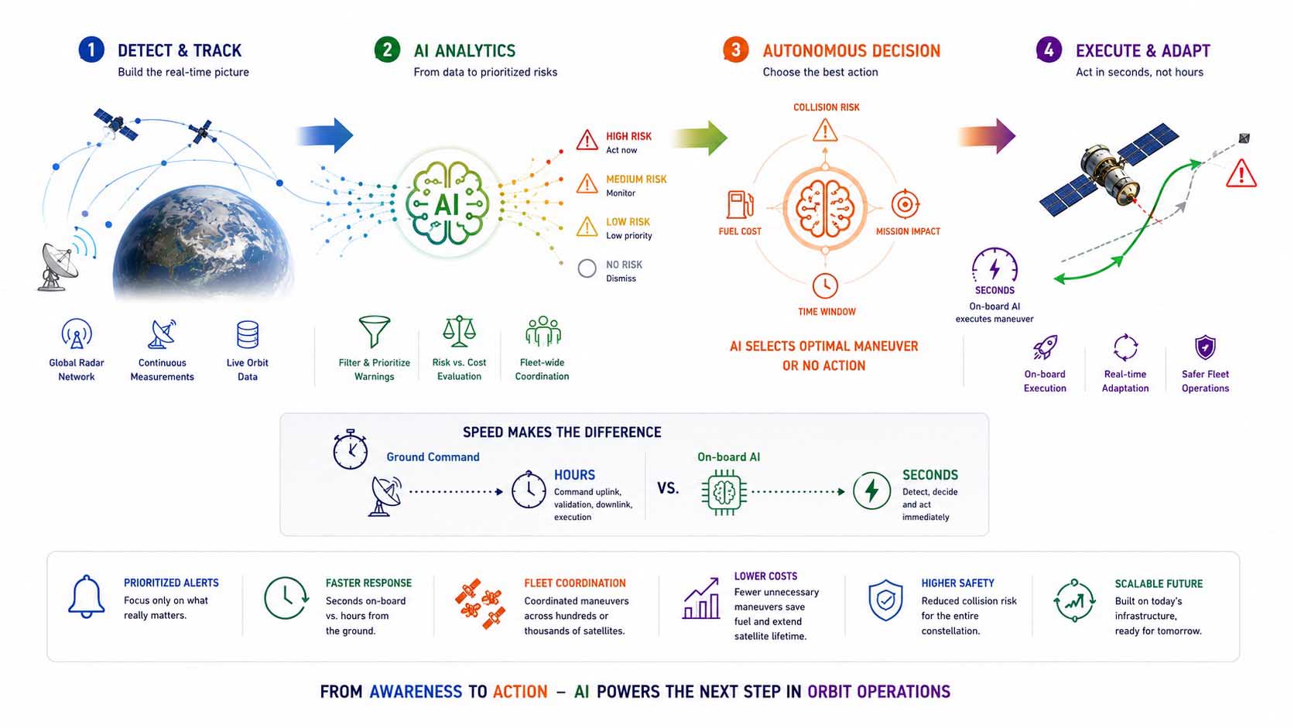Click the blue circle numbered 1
point(91,50)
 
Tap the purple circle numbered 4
point(1049,50)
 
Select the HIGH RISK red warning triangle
point(587,140)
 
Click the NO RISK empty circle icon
point(587,268)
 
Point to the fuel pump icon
point(739,204)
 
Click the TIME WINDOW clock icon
point(825,285)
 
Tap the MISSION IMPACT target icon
point(905,203)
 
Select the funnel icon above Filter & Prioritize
point(375,331)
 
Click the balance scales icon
point(459,331)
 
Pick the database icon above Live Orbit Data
point(247,334)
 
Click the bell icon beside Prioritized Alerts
point(87,596)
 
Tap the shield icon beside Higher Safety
point(885,600)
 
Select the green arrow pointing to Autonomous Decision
point(700,138)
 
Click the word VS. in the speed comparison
point(668,488)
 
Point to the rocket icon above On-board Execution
point(1045,347)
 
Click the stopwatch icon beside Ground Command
point(350,449)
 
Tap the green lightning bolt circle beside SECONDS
point(871,490)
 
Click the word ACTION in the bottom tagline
point(520,692)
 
